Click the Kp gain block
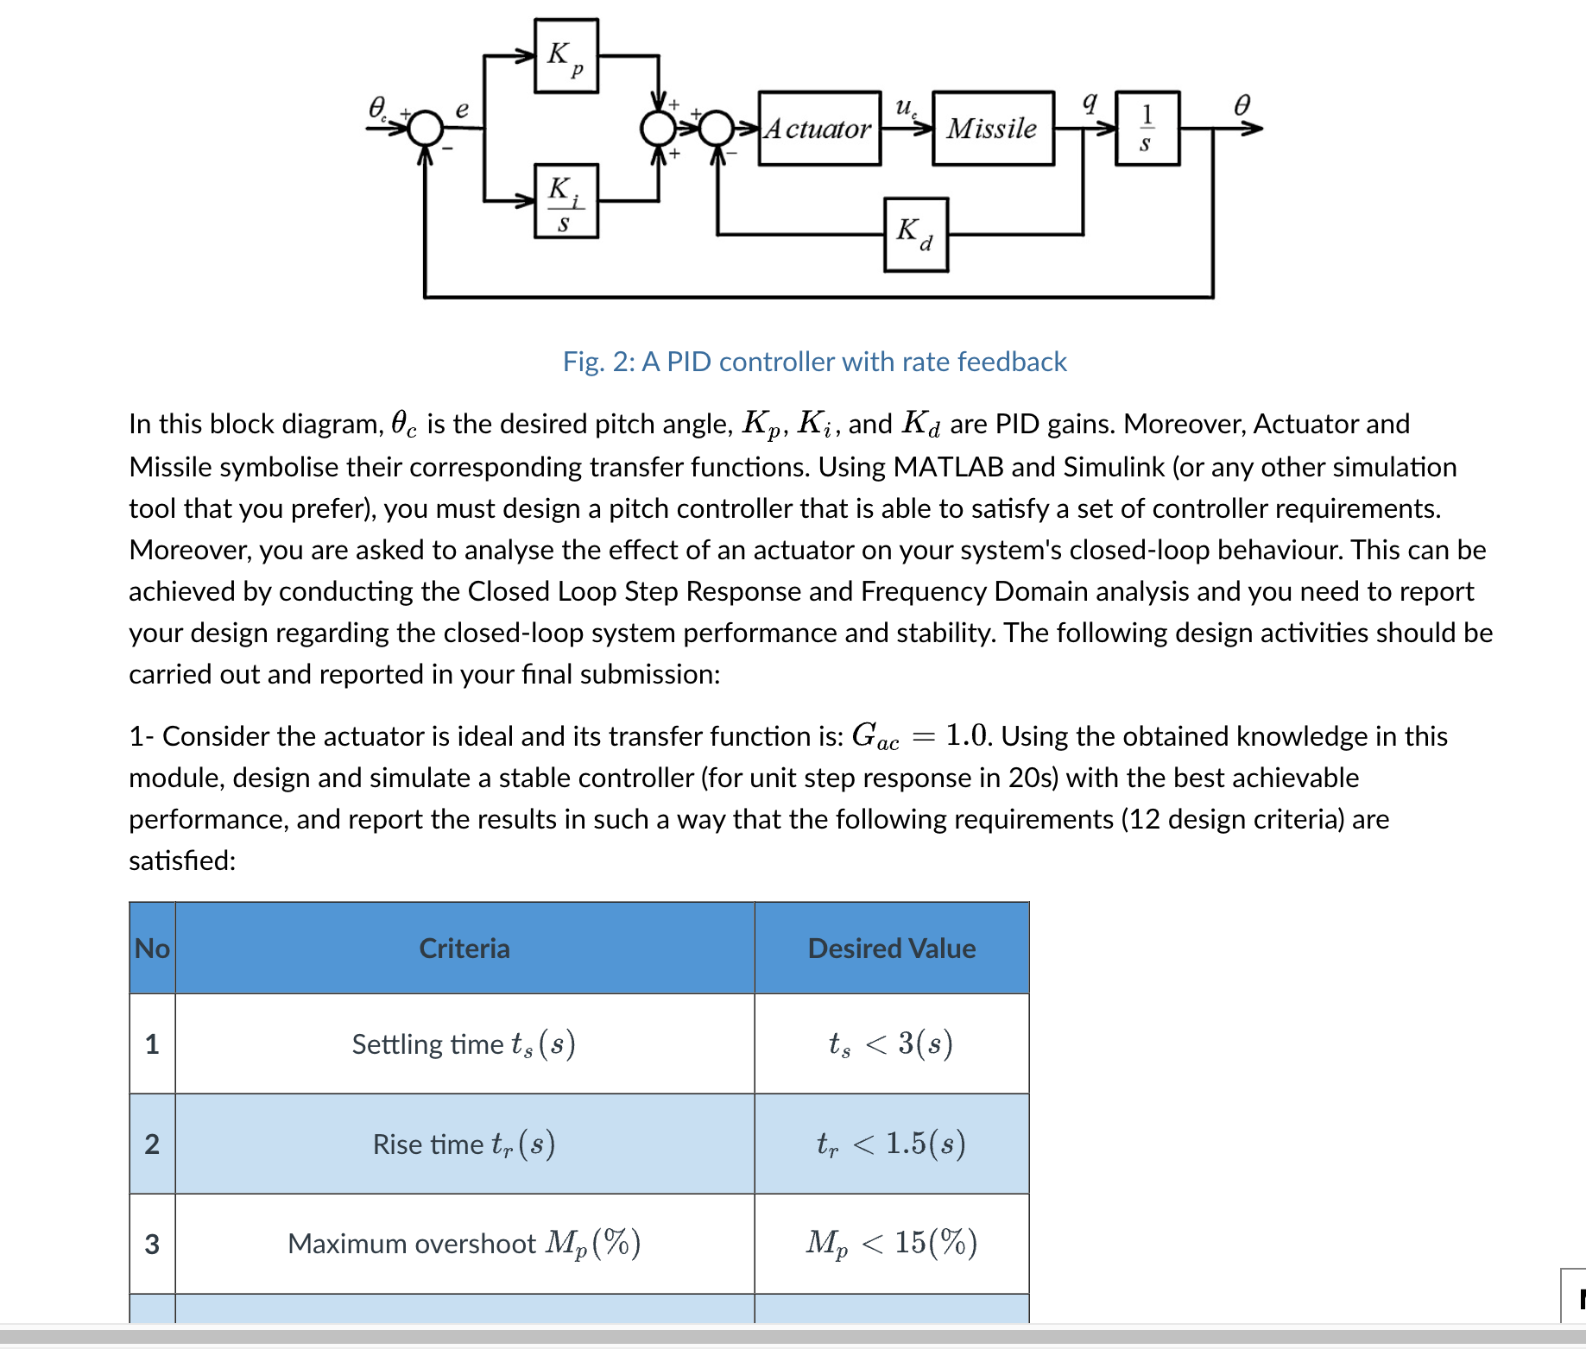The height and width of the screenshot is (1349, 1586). coord(566,56)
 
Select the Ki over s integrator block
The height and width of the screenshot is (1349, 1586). coord(566,201)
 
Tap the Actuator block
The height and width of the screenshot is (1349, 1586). coord(819,129)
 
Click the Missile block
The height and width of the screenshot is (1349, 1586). coord(993,129)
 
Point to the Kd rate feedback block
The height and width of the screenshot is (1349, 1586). coord(915,235)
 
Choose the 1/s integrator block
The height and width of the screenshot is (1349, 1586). coord(1147,129)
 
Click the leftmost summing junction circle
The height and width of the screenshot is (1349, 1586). coord(425,129)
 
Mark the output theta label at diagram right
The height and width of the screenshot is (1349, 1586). coord(1242,105)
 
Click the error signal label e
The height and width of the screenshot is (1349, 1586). coord(462,109)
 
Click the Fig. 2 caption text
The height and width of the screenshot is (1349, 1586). coord(814,362)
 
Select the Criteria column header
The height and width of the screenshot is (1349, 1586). coord(464,949)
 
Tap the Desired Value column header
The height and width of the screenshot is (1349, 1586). coord(891,949)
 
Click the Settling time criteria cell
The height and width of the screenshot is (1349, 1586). coord(464,1044)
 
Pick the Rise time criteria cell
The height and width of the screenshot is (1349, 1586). coord(464,1144)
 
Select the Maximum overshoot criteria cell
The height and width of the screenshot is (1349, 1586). coord(464,1244)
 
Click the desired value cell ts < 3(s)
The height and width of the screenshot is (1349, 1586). coord(891,1044)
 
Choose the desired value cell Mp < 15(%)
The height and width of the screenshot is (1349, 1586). coord(891,1244)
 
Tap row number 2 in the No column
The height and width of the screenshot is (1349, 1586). coord(152,1144)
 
